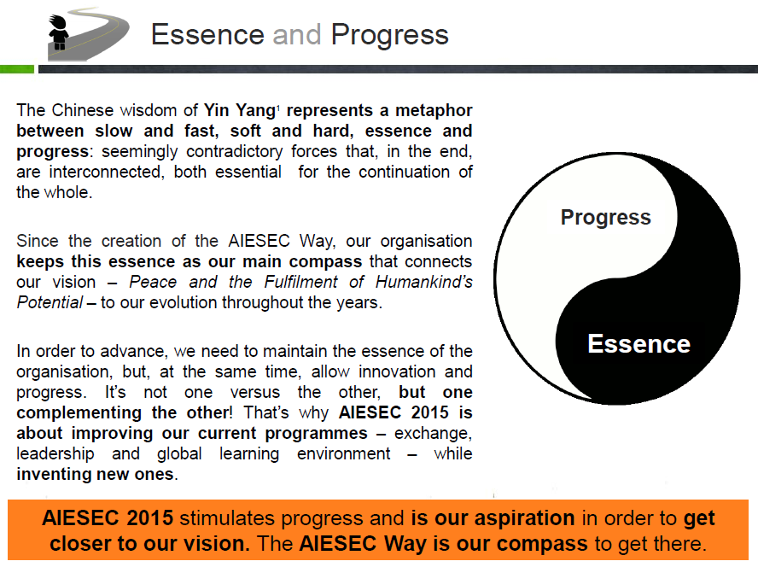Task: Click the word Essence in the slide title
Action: click(208, 35)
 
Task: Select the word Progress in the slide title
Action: click(389, 36)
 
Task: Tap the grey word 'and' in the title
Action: click(297, 35)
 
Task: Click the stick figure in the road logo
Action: click(59, 32)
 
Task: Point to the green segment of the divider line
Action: click(17, 69)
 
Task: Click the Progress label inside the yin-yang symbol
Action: click(606, 218)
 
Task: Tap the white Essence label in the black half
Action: click(638, 344)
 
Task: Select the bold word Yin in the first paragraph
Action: click(216, 110)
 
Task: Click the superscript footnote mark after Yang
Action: click(278, 107)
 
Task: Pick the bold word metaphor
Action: click(434, 111)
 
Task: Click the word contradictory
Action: click(235, 152)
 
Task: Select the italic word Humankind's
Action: click(424, 282)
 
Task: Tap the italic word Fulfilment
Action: click(300, 282)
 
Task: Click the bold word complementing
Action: click(79, 413)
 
